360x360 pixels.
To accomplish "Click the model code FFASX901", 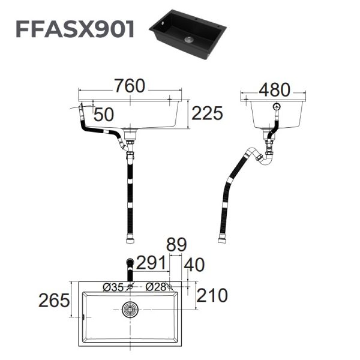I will pos(74,28).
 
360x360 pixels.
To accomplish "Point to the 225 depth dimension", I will pos(207,113).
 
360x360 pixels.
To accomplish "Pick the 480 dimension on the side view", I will pos(275,89).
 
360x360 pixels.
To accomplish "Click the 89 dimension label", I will pos(177,245).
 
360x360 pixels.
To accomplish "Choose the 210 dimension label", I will pos(212,295).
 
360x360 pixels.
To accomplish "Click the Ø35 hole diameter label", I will pos(114,287).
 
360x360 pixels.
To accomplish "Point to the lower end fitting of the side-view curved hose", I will pos(222,239).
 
